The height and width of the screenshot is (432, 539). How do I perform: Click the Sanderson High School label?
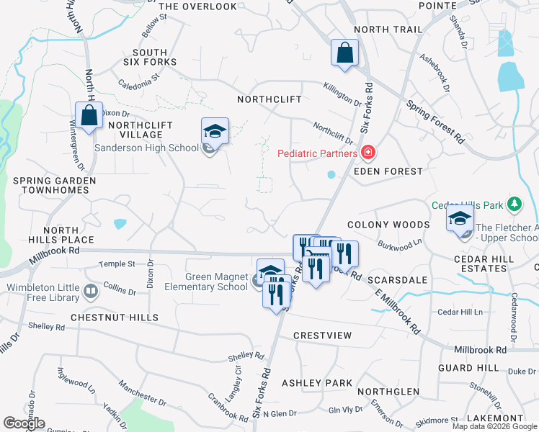tap(147, 148)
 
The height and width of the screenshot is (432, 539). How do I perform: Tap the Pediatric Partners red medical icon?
tap(367, 153)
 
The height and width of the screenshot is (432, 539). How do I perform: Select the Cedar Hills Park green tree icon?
tap(514, 204)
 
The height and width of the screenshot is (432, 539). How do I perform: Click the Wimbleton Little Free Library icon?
tap(91, 292)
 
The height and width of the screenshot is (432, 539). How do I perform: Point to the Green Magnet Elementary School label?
tap(207, 282)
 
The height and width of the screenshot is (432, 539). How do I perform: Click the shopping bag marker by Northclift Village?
tap(89, 116)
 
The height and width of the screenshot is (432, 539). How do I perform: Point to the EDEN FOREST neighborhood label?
tap(388, 171)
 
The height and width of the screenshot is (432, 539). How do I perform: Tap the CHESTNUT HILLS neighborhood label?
tap(114, 317)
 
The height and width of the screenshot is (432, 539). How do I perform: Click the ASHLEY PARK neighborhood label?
tap(317, 383)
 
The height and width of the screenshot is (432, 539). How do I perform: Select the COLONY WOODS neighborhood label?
tap(388, 225)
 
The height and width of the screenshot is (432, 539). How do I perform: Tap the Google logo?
tap(24, 423)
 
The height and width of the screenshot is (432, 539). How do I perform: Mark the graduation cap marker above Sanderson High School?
tap(215, 131)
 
